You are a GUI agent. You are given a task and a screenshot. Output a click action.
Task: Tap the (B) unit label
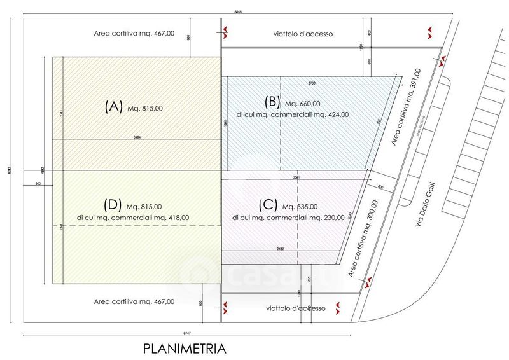point(271,102)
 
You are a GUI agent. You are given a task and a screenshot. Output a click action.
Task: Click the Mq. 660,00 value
point(303,104)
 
